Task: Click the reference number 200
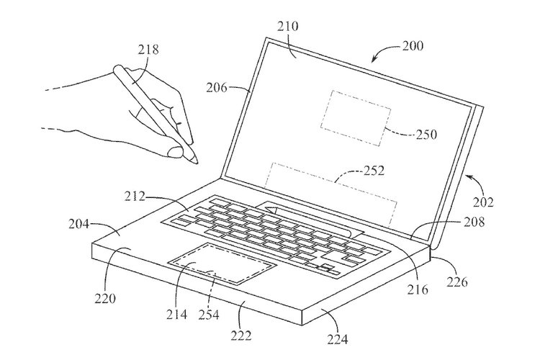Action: [x=413, y=46]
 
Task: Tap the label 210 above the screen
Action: [x=288, y=26]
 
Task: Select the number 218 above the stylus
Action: [x=148, y=50]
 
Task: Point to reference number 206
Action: [x=217, y=88]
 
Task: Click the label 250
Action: [x=426, y=134]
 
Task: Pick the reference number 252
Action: [x=374, y=170]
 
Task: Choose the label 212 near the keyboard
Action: [x=135, y=197]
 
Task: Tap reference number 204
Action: [x=79, y=224]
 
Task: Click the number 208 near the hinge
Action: [x=474, y=222]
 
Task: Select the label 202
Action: [x=483, y=202]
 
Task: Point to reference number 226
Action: [x=458, y=282]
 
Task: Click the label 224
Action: [x=338, y=340]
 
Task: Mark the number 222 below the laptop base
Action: [x=241, y=336]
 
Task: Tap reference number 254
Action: [x=208, y=314]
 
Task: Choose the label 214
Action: [x=176, y=314]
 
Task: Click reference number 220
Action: [x=105, y=298]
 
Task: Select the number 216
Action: [x=418, y=289]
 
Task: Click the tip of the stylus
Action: [x=197, y=163]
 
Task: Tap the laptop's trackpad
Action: [x=222, y=263]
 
